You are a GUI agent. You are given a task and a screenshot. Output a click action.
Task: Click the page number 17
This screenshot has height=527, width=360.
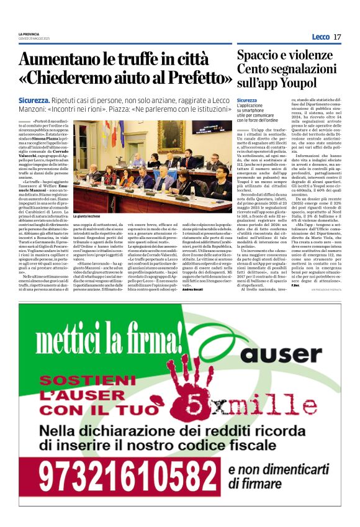coord(337,37)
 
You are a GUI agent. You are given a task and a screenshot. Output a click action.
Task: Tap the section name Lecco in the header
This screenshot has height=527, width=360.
coord(321,37)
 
